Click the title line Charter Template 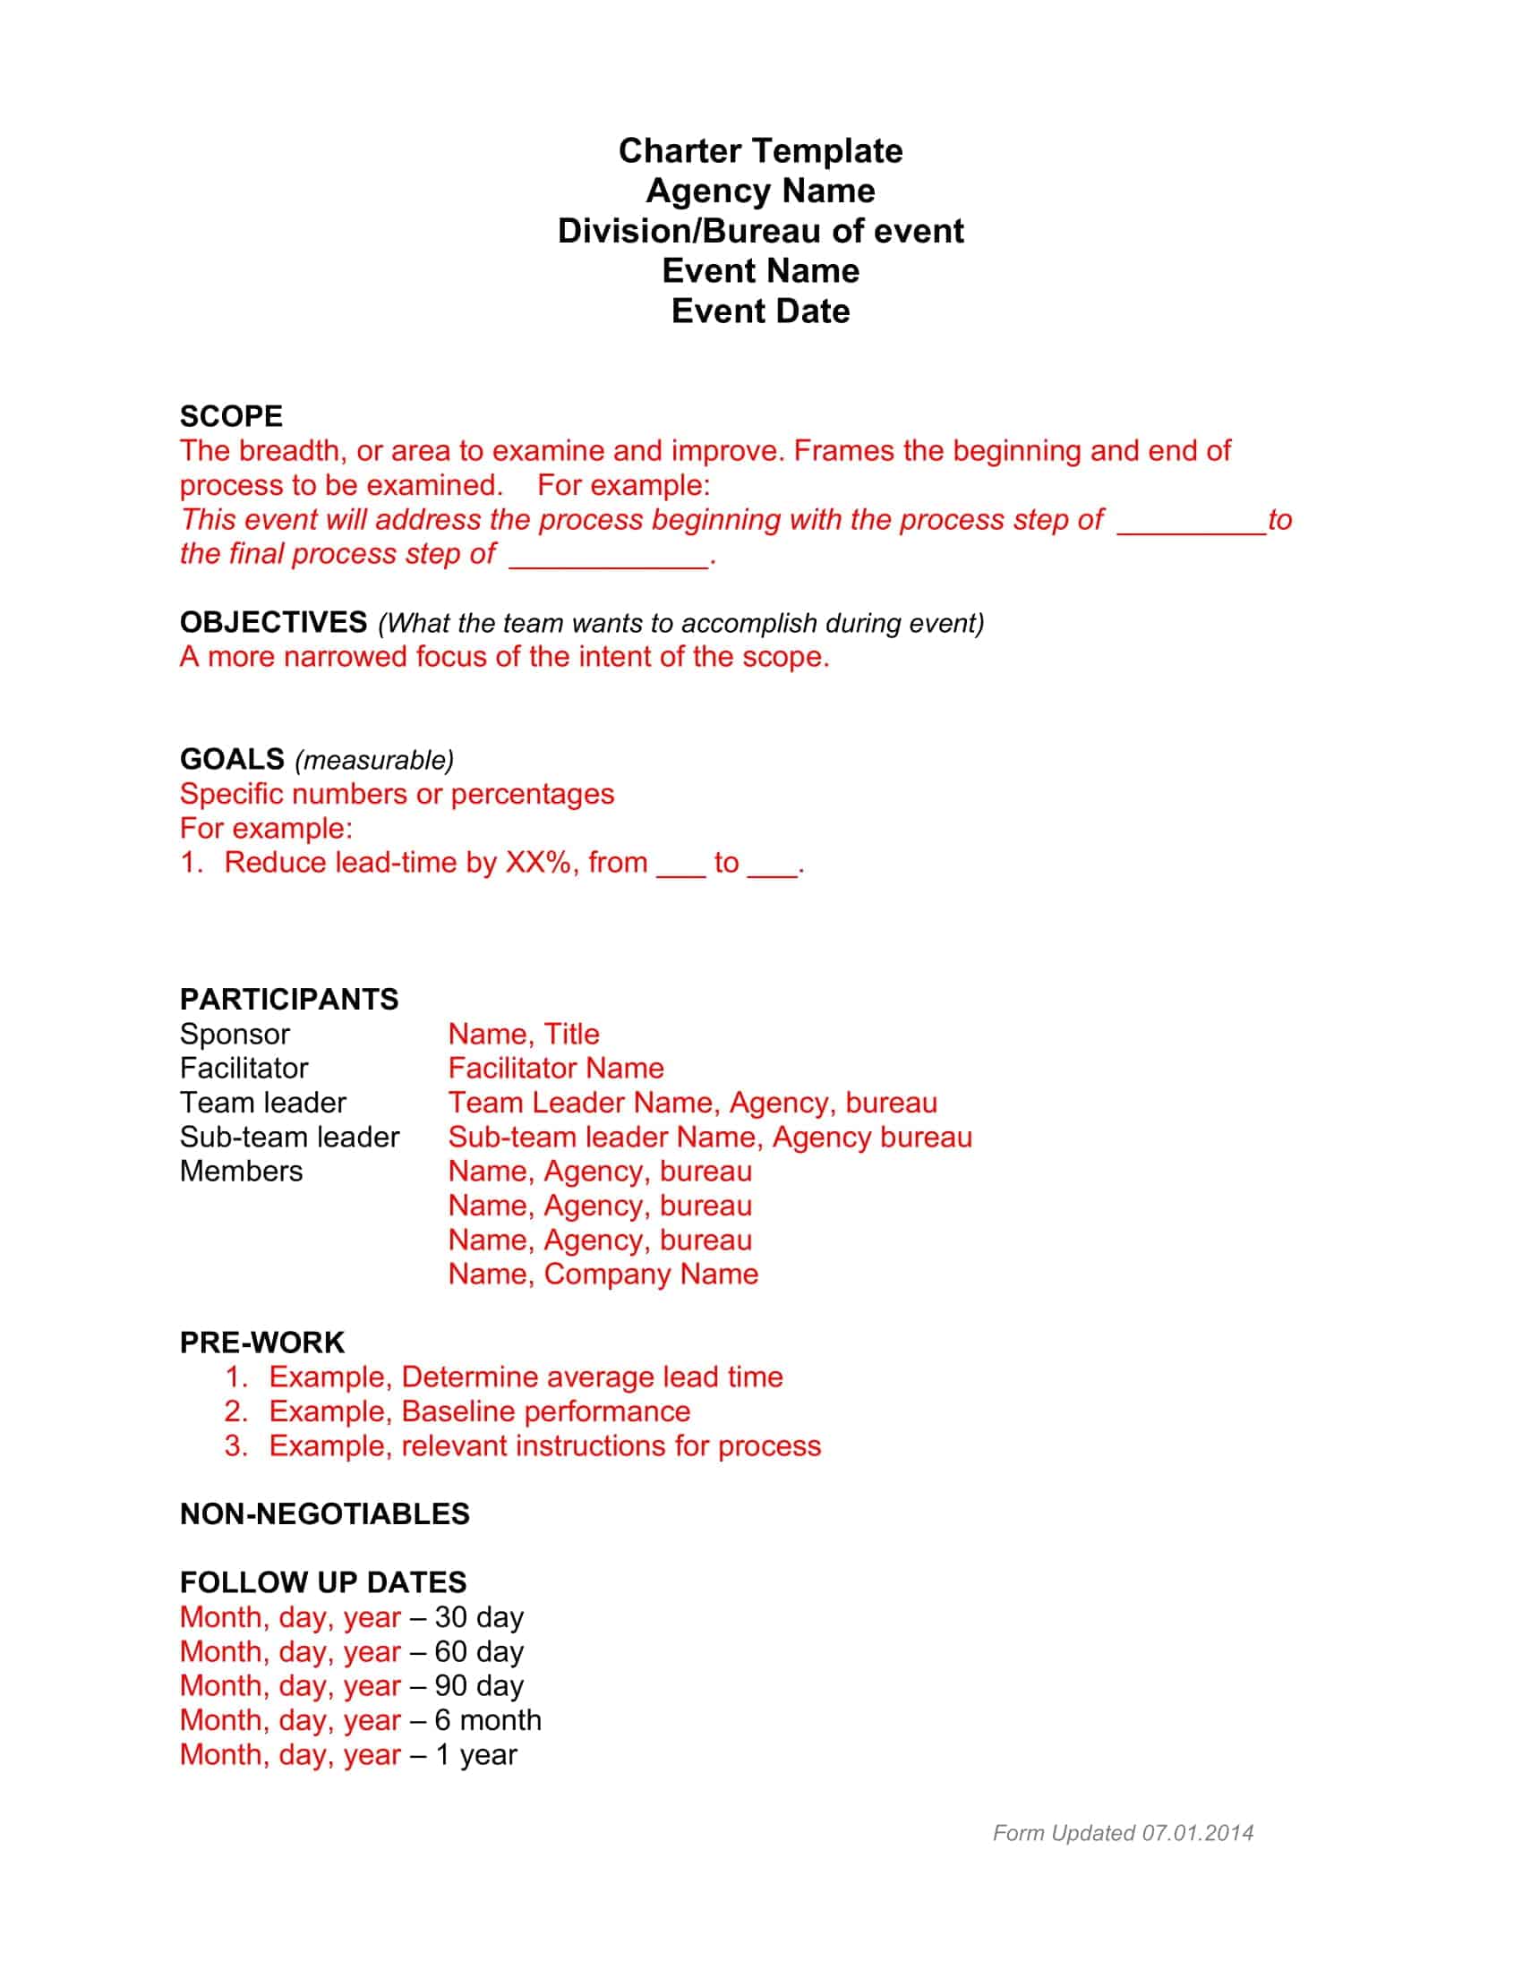(x=760, y=150)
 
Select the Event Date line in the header (x=760, y=311)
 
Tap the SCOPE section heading (x=231, y=416)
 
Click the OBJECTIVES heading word (x=273, y=622)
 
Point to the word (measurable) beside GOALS (x=374, y=760)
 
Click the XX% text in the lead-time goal (x=538, y=863)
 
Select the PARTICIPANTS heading (x=288, y=999)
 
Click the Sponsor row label (x=235, y=1034)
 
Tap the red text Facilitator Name (x=555, y=1069)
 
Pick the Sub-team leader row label (x=288, y=1137)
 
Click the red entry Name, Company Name (x=603, y=1274)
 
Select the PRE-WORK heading (x=261, y=1342)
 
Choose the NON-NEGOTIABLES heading (x=325, y=1513)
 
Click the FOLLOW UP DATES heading (x=323, y=1582)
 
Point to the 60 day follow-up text (x=479, y=1651)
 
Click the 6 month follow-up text (x=488, y=1720)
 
